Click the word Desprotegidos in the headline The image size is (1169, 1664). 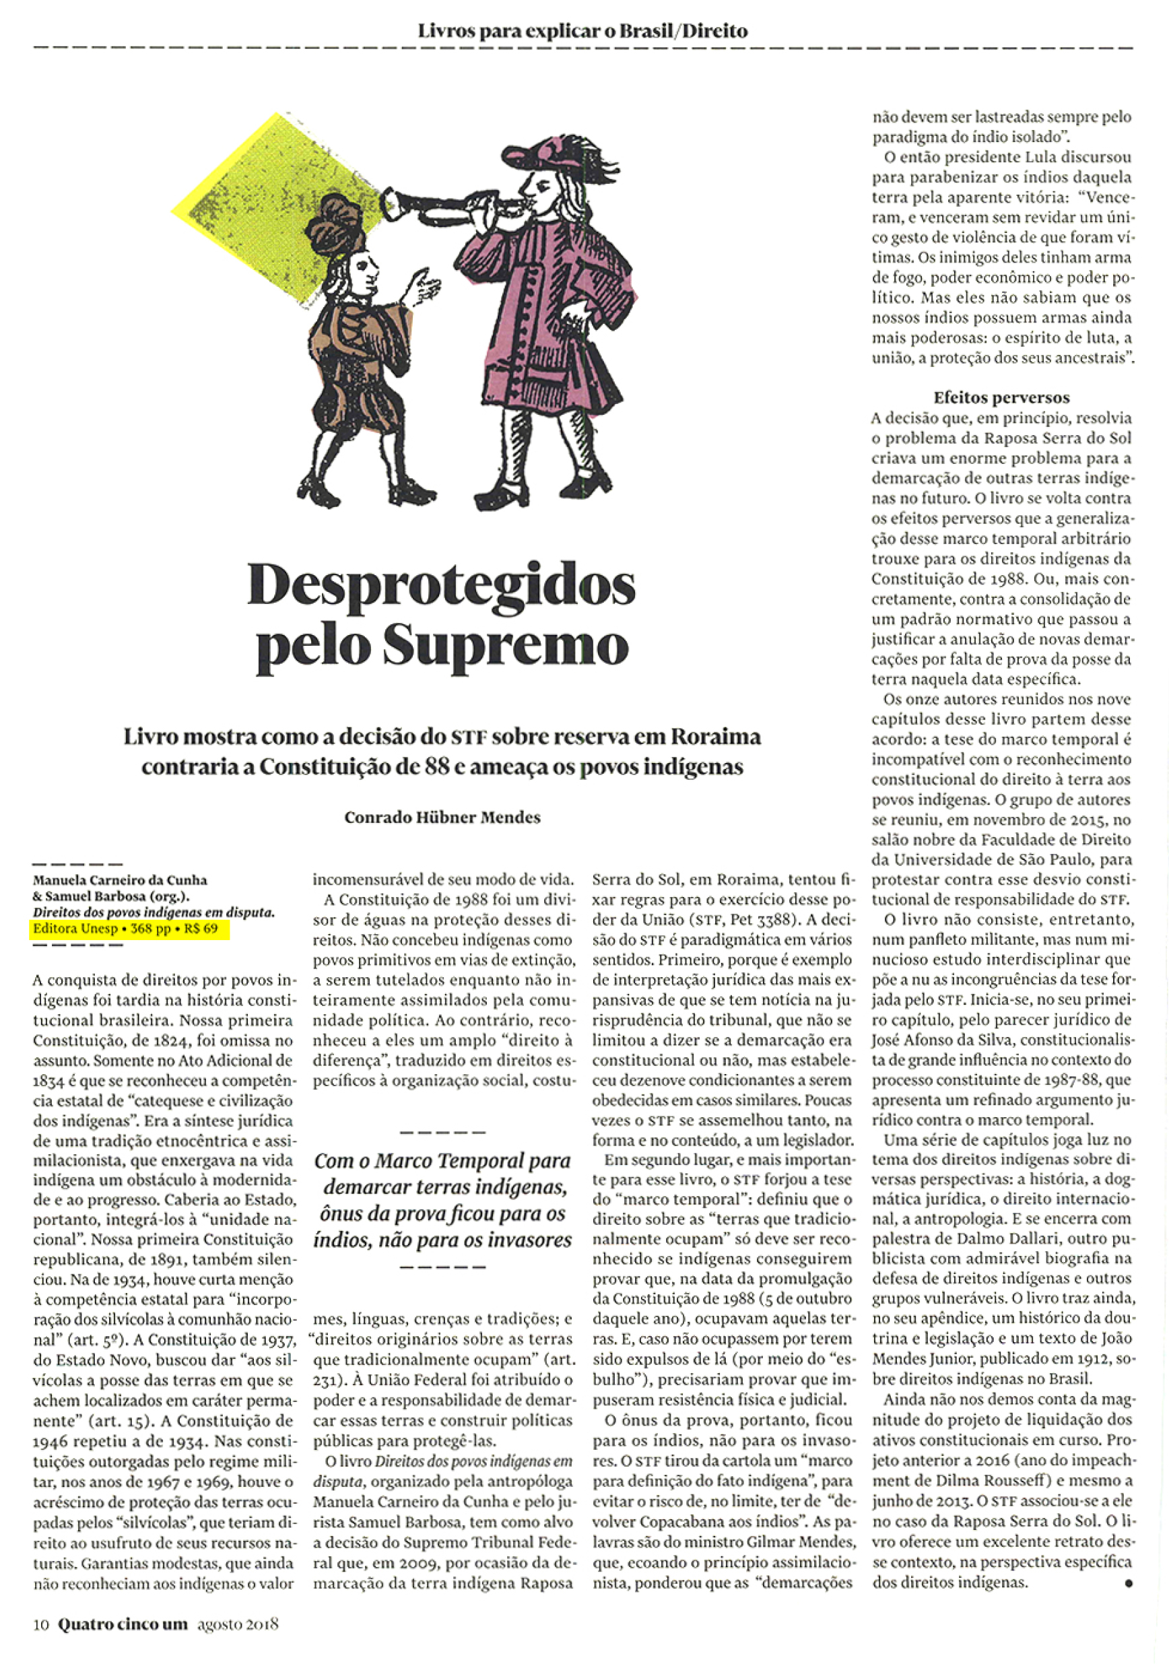coord(440,586)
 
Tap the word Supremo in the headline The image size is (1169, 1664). coord(505,645)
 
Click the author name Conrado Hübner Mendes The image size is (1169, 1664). coord(442,818)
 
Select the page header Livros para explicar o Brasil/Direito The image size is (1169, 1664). coord(582,31)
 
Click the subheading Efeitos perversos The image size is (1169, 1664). coord(1001,397)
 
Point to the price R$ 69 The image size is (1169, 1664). coord(201,929)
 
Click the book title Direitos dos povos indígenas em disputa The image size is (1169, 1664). coord(154,912)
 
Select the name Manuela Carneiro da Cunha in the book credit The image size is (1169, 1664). coord(120,881)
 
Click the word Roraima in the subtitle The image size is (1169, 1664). coord(715,737)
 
